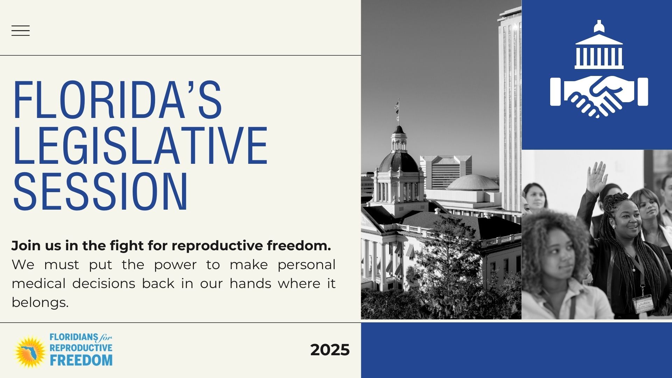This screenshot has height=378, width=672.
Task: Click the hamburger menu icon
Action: click(x=20, y=31)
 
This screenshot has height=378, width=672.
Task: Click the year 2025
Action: click(x=330, y=350)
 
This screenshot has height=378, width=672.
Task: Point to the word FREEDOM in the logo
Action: click(x=81, y=360)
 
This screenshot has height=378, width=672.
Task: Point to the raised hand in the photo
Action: click(x=597, y=177)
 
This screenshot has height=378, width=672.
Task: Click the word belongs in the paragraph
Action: click(x=40, y=302)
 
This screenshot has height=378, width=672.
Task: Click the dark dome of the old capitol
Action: click(x=399, y=162)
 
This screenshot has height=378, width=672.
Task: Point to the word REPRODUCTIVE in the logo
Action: click(x=81, y=348)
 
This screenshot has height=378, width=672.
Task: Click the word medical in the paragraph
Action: click(x=38, y=283)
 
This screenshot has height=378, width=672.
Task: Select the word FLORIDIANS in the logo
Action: click(x=73, y=337)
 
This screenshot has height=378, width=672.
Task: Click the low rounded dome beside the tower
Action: click(x=472, y=183)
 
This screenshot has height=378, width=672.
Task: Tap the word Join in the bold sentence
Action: click(x=26, y=246)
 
